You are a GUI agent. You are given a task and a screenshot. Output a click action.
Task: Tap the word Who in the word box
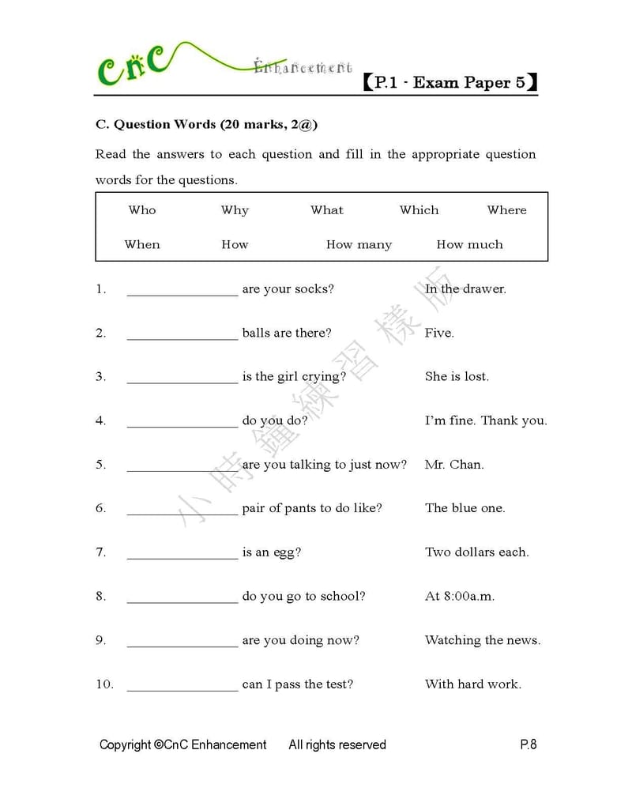142,210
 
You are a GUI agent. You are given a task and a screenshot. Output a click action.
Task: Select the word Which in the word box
419,210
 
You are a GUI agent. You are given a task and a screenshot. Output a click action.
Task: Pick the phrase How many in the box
359,245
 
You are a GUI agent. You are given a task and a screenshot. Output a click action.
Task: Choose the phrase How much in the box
469,245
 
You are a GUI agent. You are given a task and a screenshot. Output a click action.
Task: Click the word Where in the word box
506,210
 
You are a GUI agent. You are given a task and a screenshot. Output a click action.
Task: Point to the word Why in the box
235,210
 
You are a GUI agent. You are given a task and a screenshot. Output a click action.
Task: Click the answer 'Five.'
439,334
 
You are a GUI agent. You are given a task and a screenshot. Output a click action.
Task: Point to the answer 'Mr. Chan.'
454,465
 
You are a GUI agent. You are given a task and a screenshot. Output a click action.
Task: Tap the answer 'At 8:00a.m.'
460,597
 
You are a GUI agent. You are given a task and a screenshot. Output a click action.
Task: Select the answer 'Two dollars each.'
476,552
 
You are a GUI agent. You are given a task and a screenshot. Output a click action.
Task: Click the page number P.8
529,744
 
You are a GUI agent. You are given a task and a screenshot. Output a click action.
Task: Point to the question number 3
100,377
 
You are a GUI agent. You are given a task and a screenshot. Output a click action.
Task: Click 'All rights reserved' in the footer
337,744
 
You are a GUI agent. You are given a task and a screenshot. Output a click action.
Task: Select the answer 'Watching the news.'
483,640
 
